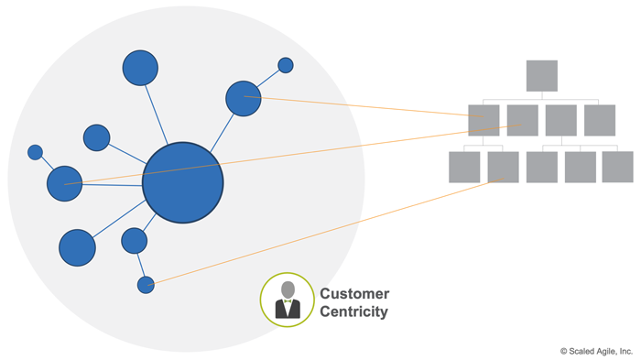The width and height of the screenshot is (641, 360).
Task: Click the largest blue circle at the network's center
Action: click(183, 182)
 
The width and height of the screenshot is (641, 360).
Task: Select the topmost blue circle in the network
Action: click(140, 68)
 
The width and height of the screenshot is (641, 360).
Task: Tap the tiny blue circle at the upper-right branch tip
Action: click(286, 65)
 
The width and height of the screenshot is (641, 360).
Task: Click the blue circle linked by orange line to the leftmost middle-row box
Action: click(244, 99)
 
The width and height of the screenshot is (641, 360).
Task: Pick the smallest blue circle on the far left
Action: click(35, 152)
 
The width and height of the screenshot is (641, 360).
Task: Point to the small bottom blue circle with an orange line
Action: click(146, 285)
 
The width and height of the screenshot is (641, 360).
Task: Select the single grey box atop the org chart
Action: click(541, 76)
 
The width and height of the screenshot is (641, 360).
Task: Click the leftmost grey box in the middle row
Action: click(483, 121)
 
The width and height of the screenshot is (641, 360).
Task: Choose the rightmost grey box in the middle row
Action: click(600, 121)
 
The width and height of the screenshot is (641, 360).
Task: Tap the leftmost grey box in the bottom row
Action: click(464, 167)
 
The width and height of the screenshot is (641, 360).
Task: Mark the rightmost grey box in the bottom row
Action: click(618, 167)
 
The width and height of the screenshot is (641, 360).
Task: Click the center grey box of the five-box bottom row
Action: click(541, 167)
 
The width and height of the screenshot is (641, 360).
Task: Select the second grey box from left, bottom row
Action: click(503, 167)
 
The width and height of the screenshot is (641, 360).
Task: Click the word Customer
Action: click(354, 294)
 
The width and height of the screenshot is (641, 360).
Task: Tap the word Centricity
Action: click(353, 312)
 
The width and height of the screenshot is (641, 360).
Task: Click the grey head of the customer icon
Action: click(288, 289)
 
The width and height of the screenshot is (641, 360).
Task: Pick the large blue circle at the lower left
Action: click(77, 247)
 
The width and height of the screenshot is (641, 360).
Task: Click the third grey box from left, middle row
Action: click(560, 121)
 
